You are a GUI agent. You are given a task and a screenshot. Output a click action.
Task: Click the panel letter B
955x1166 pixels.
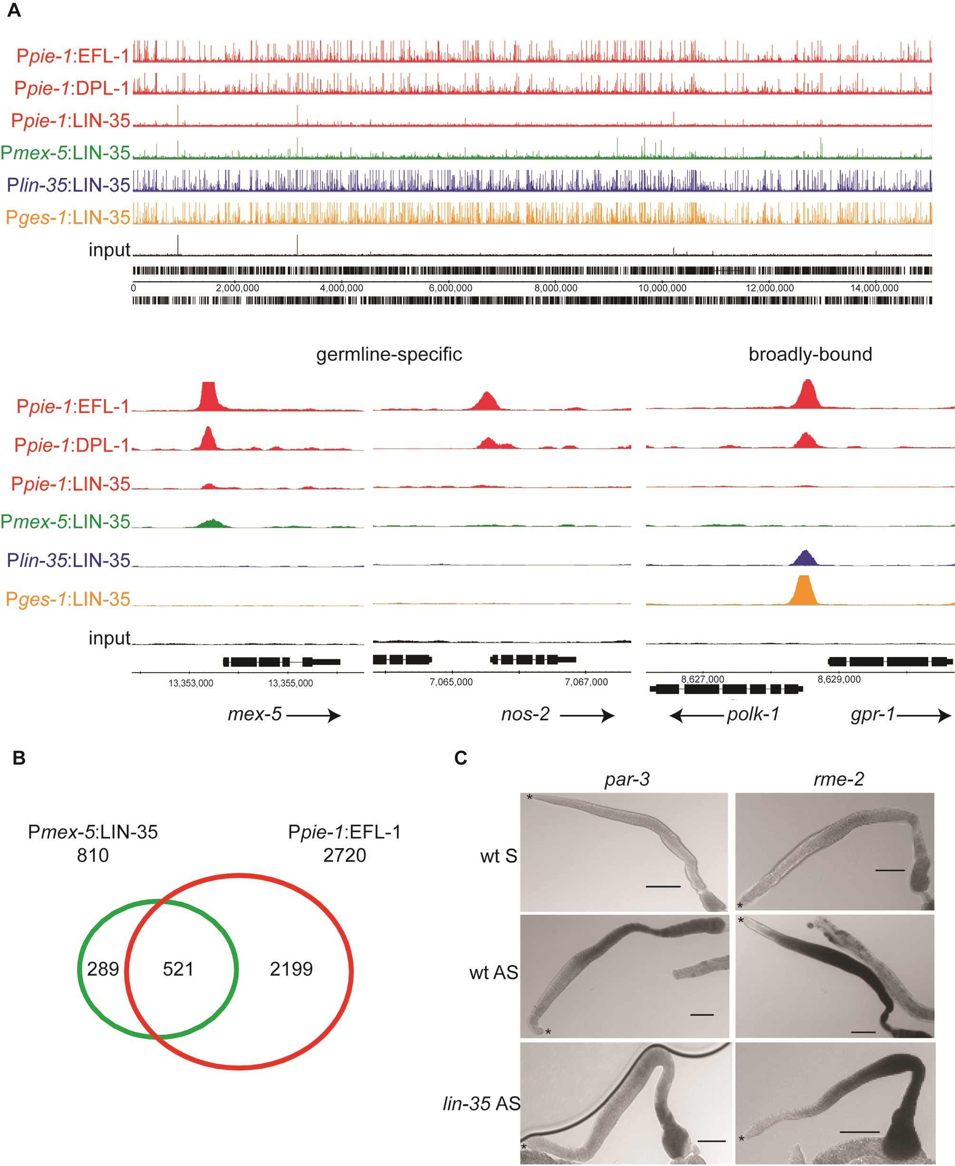tap(19, 758)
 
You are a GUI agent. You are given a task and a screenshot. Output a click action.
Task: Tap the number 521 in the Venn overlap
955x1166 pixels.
tap(178, 969)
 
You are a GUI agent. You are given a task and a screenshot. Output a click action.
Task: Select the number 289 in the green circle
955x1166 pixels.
tap(103, 969)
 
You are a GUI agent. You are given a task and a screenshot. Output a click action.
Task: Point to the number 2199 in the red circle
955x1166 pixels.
tap(291, 969)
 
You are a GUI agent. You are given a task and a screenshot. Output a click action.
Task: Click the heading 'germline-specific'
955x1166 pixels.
tap(389, 354)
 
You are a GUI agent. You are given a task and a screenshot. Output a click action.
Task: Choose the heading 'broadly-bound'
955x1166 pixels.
tap(810, 354)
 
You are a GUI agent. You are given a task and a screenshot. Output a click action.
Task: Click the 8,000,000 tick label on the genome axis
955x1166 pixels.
tap(555, 288)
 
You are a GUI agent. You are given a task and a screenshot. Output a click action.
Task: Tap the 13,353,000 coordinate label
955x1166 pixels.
tap(191, 683)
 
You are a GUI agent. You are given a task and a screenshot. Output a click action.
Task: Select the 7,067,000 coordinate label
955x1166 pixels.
tap(586, 682)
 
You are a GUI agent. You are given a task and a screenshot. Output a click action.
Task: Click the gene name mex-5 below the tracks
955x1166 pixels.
tap(255, 714)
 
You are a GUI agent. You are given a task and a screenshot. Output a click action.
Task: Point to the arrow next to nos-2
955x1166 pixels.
tap(587, 715)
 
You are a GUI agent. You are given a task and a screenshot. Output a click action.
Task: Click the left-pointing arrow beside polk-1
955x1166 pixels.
tap(696, 715)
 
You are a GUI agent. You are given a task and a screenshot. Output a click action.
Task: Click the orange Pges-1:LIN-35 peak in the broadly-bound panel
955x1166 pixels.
tap(804, 590)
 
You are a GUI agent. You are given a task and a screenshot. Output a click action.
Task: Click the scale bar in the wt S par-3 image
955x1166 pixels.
tap(663, 886)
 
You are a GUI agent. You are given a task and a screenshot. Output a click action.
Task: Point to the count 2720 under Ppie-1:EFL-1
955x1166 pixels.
tap(344, 855)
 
